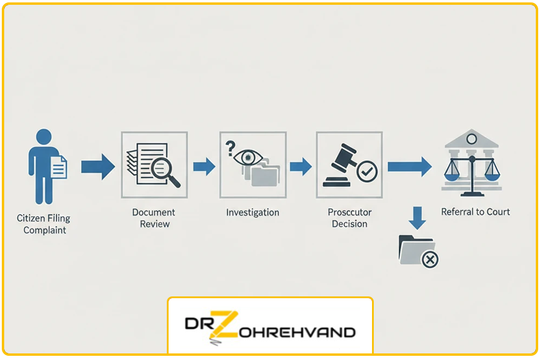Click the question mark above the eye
pos(229,147)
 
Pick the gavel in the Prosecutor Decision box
pos(339,161)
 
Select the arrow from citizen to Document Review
pos(98,166)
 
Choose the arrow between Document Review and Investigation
pos(204,166)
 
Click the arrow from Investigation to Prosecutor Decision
pos(301,166)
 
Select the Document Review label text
pos(154,218)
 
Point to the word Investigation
pos(253,212)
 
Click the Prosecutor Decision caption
pos(350,218)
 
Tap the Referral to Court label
pos(475,212)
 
